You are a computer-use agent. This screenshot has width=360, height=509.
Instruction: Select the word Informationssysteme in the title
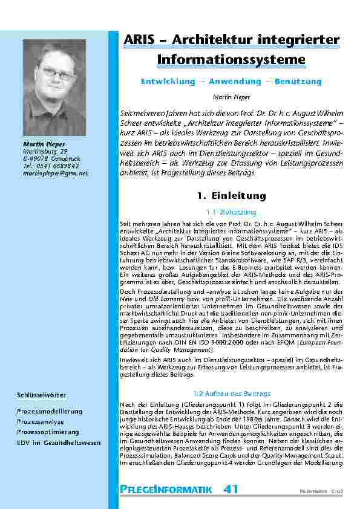click(x=231, y=60)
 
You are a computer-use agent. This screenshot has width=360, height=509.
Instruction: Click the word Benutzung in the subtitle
click(x=298, y=81)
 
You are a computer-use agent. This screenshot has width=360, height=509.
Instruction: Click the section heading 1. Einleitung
click(x=231, y=196)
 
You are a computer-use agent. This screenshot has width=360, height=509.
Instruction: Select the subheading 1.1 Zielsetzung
click(x=231, y=212)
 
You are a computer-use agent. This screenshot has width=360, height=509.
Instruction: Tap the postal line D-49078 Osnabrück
click(x=46, y=158)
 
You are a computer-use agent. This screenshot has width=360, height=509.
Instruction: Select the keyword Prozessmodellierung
click(x=50, y=411)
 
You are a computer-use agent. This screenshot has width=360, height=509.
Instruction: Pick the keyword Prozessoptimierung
click(x=48, y=432)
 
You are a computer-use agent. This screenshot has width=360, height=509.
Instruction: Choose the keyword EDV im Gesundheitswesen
click(x=59, y=443)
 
